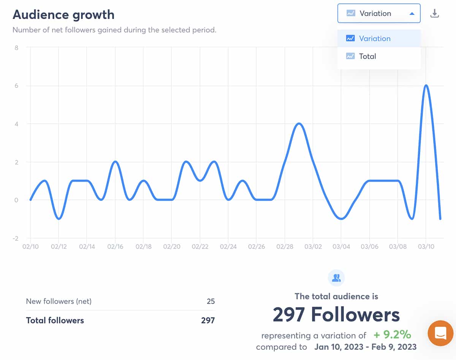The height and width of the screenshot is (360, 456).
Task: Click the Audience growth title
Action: coord(63,14)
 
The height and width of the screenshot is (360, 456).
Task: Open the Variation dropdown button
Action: coord(378,13)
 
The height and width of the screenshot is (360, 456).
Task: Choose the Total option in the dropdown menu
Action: coord(367,56)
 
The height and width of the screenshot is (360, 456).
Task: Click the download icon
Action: coord(434,14)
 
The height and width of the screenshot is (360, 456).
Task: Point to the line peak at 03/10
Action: coord(426,86)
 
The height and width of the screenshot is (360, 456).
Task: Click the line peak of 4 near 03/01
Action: coord(299,124)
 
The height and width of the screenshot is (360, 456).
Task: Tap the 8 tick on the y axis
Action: coord(17,48)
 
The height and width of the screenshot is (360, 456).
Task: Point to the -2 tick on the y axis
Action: coord(15,238)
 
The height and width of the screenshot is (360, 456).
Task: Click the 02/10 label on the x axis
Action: coord(30,247)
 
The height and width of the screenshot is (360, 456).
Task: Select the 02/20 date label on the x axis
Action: coord(171,247)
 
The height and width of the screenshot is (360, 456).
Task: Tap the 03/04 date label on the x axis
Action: coord(341,247)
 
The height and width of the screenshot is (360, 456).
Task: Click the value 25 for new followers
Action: coord(211,301)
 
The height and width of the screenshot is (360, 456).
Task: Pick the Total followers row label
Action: coord(55,320)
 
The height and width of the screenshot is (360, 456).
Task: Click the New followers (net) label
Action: coord(59,301)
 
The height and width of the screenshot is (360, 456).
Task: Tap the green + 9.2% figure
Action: coord(392,335)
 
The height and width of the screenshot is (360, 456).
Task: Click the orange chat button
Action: coord(441,333)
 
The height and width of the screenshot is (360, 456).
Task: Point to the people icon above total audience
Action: coord(336,278)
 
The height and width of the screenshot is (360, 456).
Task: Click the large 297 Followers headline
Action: coord(336,315)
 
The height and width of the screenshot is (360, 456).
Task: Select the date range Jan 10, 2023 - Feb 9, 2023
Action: coord(365,347)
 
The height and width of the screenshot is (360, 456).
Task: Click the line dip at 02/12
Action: coord(59,219)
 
